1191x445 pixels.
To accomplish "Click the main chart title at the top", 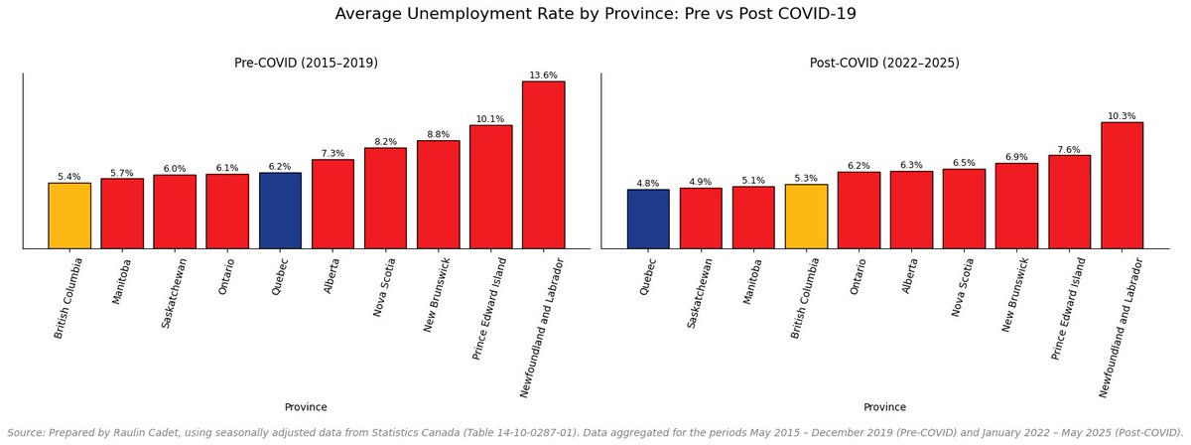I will click(595, 14).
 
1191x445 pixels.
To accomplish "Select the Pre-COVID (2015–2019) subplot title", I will click(306, 63).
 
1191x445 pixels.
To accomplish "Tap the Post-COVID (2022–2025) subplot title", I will click(884, 63).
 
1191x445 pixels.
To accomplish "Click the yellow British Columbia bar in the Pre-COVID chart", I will click(69, 216).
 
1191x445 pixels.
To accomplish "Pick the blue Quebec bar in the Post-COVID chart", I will click(648, 219).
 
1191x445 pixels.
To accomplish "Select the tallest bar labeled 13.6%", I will click(543, 165).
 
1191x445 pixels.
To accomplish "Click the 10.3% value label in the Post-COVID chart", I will click(1122, 115).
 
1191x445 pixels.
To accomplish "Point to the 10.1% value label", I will click(490, 118).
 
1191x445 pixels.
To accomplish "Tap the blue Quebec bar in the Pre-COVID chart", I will click(280, 211).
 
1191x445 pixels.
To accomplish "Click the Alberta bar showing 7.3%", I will click(332, 204).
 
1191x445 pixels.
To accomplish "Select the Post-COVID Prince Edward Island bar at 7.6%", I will click(1069, 202).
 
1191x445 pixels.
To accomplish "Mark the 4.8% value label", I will click(648, 183).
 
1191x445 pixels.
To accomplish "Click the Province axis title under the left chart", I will click(306, 407).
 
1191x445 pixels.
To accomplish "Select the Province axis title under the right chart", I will click(884, 407).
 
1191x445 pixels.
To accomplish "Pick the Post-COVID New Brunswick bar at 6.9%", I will click(1016, 206).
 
